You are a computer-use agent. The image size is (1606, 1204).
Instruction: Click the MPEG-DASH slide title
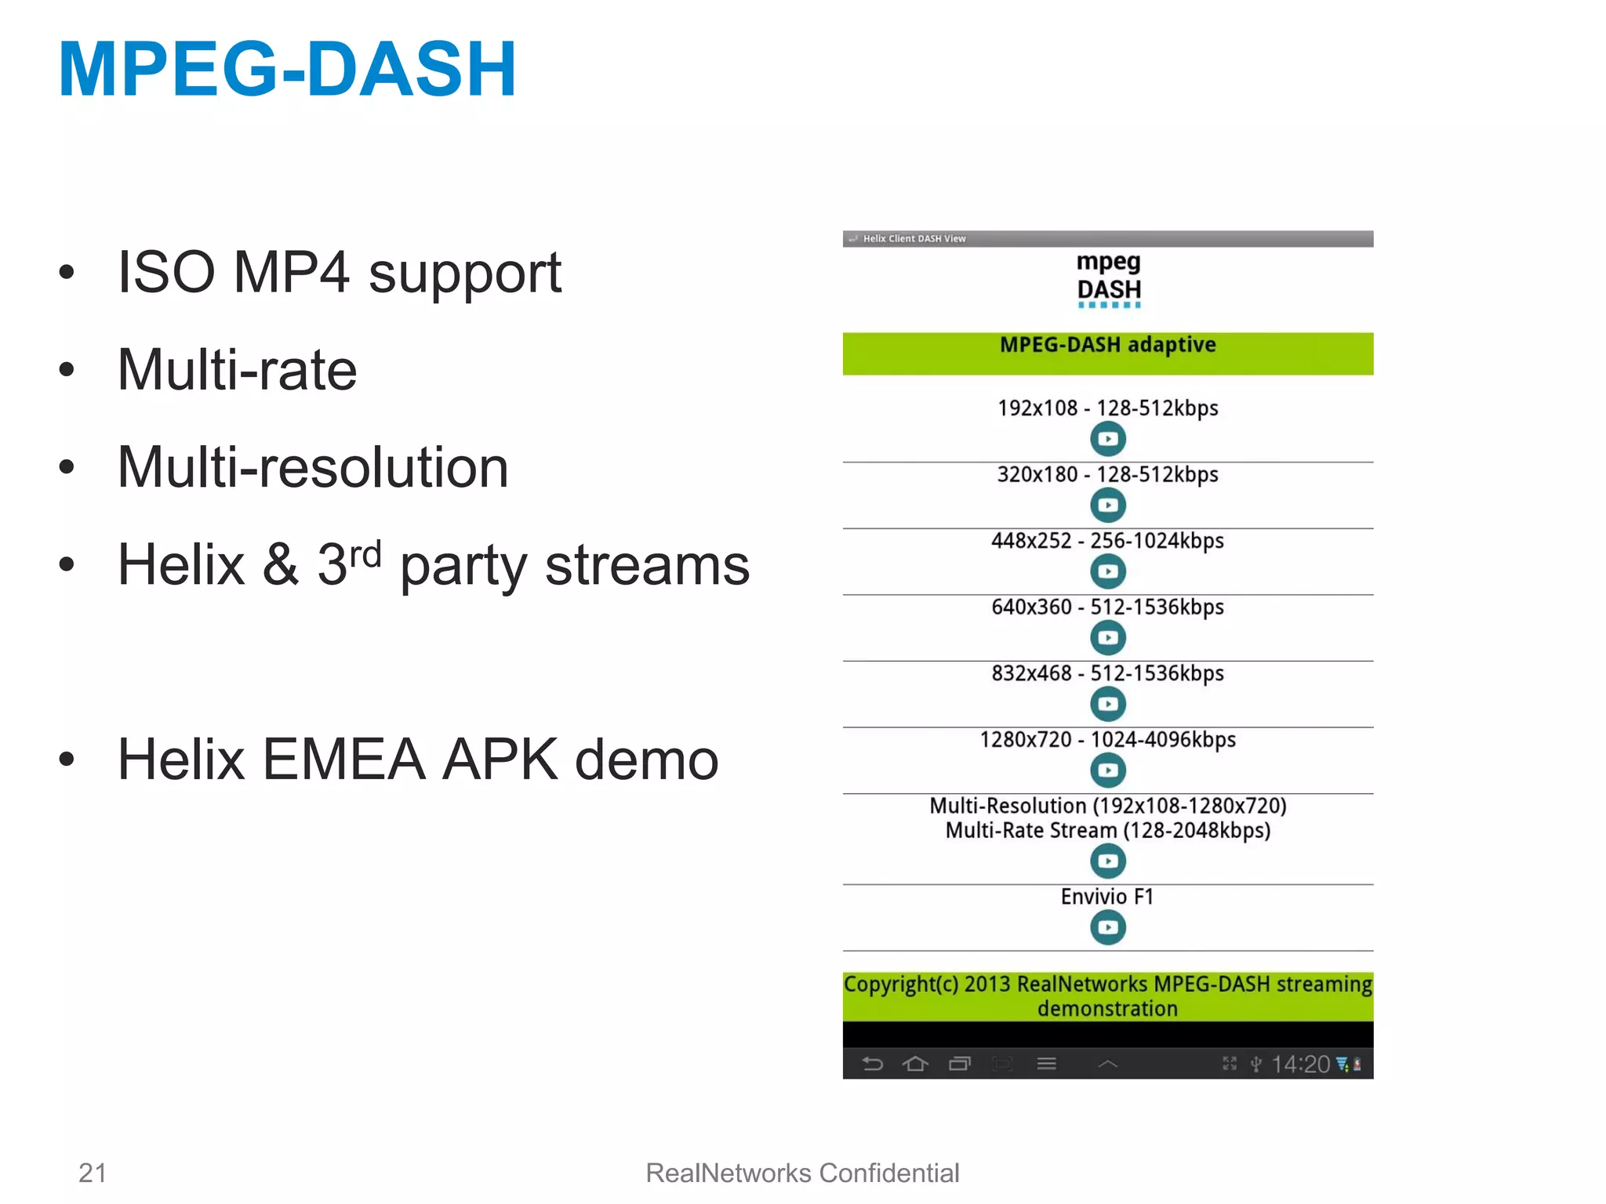point(287,71)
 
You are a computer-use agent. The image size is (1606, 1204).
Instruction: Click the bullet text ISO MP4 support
point(339,273)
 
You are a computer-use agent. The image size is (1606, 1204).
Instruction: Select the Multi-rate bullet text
point(237,370)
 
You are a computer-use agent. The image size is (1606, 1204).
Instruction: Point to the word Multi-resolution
point(313,467)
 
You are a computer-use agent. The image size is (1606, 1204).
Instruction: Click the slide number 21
point(93,1173)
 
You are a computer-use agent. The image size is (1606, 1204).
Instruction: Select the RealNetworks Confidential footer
point(802,1173)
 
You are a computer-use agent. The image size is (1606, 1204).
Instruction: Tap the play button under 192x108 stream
point(1107,439)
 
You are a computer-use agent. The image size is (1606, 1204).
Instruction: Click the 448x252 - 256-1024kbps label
point(1107,541)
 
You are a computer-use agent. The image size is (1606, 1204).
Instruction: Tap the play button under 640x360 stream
point(1107,637)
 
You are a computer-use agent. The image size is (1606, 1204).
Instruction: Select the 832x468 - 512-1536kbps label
point(1107,673)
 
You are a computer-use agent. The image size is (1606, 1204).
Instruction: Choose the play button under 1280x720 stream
point(1107,770)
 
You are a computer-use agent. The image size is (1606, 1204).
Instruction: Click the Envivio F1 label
point(1107,897)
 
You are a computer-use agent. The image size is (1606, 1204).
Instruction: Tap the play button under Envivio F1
point(1107,927)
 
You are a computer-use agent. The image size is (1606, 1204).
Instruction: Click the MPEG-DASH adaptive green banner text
point(1107,345)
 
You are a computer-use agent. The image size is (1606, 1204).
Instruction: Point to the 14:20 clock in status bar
point(1300,1064)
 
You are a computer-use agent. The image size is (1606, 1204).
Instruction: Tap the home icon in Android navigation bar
point(915,1064)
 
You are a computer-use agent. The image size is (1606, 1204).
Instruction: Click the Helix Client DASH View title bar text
point(914,238)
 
